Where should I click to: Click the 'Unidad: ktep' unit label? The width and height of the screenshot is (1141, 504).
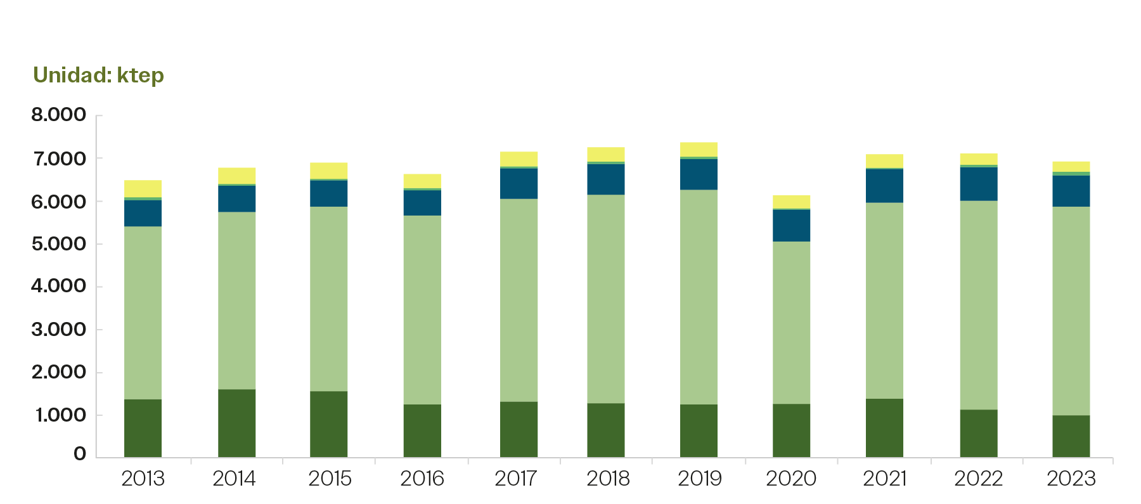click(98, 75)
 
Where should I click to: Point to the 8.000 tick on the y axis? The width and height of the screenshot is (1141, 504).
click(58, 115)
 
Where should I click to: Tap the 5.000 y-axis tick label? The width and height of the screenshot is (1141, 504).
click(58, 244)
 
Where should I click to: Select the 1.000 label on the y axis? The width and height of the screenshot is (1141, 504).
click(60, 415)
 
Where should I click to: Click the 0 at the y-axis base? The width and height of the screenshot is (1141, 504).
click(80, 454)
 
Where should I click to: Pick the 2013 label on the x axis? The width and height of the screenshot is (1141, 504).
click(143, 479)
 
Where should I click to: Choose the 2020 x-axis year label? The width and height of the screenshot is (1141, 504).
click(791, 479)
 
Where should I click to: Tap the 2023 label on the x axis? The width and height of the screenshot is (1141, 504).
click(1071, 479)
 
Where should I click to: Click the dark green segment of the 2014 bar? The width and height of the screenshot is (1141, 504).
click(237, 423)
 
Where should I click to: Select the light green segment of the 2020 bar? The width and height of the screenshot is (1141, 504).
click(791, 322)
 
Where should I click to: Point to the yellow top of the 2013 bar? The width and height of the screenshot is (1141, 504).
click(143, 188)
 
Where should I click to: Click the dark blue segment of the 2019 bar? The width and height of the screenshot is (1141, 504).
click(699, 174)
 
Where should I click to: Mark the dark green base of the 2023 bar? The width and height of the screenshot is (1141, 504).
click(1071, 436)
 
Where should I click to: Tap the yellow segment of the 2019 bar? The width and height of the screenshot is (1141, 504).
click(699, 149)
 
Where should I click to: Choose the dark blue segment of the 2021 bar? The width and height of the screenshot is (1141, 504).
click(884, 186)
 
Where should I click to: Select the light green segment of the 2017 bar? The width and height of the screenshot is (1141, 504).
click(519, 300)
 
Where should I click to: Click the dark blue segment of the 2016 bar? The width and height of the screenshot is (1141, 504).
click(422, 203)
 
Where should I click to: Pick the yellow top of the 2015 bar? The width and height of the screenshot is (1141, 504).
click(329, 171)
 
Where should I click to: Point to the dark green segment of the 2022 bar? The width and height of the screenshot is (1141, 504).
click(978, 433)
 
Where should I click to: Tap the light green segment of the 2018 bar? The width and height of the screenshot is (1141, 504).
click(605, 299)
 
